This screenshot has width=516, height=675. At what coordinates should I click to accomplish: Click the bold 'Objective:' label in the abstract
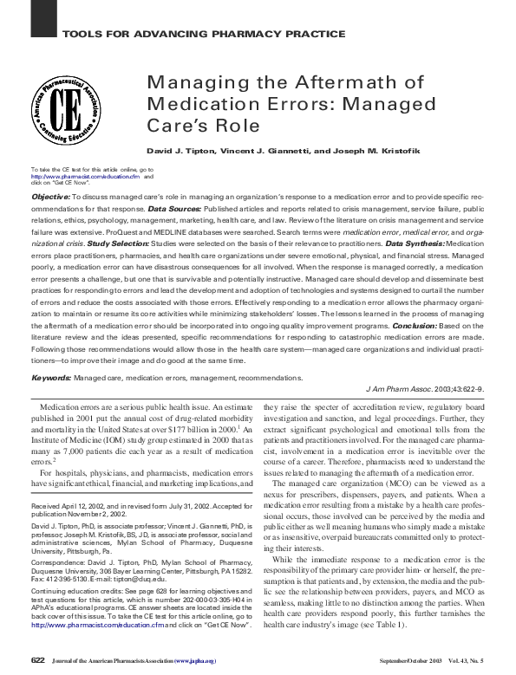tap(49, 198)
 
